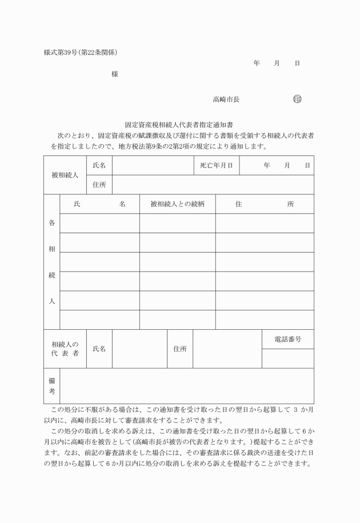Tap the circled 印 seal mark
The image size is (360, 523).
pos(297,99)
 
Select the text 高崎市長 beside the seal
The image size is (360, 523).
pos(226,99)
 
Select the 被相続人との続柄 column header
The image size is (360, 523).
pos(177,204)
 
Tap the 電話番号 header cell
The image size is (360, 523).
pos(287,340)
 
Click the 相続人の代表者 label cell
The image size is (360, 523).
pos(65,349)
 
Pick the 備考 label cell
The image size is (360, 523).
pos(51,386)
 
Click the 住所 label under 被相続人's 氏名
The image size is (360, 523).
pos(99,185)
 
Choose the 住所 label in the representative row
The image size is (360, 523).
pos(180,349)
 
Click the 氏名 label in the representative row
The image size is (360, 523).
pos(99,349)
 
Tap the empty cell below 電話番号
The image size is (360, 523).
pos(287,358)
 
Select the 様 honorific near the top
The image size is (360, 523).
pos(115,74)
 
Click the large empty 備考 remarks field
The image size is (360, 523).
pos(186,386)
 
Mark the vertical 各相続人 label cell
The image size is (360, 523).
pos(51,262)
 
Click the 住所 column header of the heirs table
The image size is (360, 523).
pos(264,204)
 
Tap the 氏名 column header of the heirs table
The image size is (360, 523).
pos(99,204)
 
